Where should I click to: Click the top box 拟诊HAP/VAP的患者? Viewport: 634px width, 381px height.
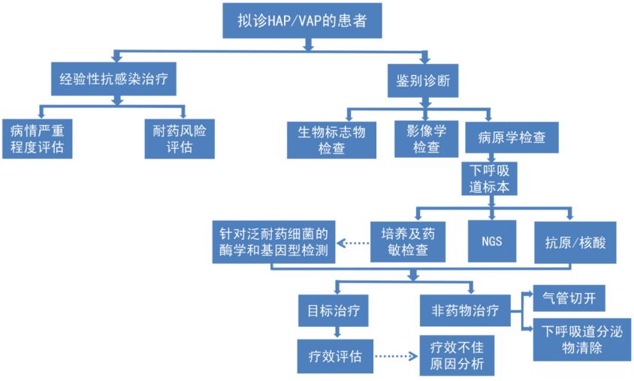(303, 20)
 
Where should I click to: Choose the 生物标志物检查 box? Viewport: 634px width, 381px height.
(331, 139)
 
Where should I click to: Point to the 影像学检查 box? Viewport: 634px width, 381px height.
(426, 139)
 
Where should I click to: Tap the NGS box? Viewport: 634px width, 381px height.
(493, 242)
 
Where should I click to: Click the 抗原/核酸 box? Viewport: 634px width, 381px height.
(575, 242)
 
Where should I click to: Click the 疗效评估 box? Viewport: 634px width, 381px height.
(335, 355)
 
